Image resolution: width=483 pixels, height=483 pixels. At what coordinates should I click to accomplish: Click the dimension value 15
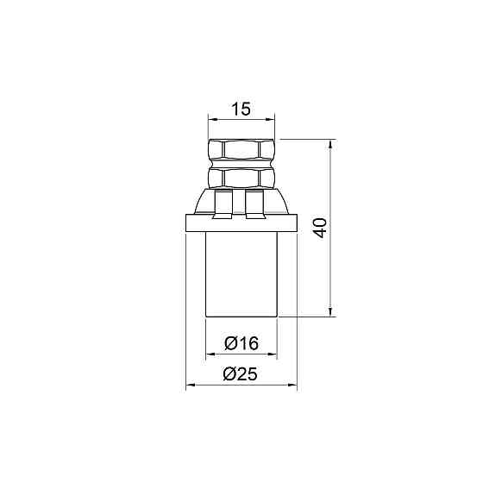pyautogui.click(x=241, y=109)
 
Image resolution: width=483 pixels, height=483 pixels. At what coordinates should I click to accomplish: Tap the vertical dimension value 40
pyautogui.click(x=320, y=228)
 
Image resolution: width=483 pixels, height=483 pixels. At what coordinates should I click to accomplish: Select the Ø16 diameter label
pyautogui.click(x=241, y=343)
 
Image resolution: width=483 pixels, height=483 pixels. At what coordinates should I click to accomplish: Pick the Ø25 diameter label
pyautogui.click(x=240, y=374)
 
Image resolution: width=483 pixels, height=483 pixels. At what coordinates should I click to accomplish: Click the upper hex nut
pyautogui.click(x=241, y=150)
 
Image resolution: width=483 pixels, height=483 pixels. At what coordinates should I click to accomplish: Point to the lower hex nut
pyautogui.click(x=241, y=177)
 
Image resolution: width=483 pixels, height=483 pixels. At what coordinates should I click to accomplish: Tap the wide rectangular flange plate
pyautogui.click(x=241, y=223)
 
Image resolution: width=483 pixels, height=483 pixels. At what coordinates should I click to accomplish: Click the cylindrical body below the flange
pyautogui.click(x=241, y=274)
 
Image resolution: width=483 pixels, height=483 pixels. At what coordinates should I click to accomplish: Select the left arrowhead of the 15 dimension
pyautogui.click(x=212, y=119)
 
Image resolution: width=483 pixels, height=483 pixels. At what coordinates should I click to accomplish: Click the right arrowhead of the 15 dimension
pyautogui.click(x=270, y=119)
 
